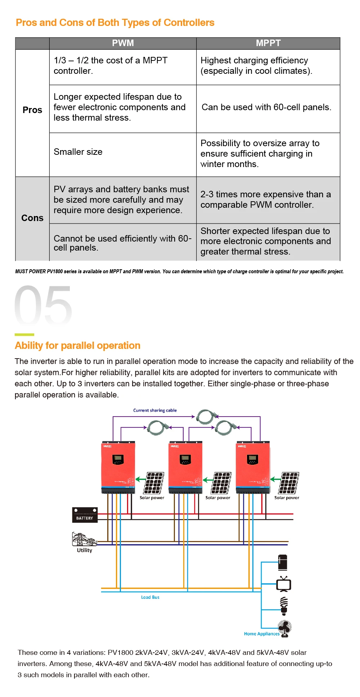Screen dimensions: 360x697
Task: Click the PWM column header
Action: (x=123, y=43)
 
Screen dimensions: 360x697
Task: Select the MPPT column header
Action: (x=268, y=43)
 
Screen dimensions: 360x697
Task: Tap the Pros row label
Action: (x=32, y=110)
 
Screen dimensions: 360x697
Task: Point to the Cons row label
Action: (x=32, y=218)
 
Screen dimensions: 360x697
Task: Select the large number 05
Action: (x=43, y=305)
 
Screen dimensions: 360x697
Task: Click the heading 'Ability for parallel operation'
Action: (x=77, y=346)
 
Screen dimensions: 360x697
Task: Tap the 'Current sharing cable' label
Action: (x=155, y=410)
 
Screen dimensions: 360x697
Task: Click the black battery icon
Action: (x=85, y=515)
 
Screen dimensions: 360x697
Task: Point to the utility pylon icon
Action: (x=84, y=539)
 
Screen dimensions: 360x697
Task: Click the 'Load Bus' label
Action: (x=150, y=597)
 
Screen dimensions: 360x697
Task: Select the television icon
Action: (x=284, y=584)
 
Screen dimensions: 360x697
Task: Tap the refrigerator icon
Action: (x=283, y=563)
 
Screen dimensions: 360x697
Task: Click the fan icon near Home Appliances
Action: (x=285, y=629)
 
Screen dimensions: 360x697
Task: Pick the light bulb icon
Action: (x=284, y=606)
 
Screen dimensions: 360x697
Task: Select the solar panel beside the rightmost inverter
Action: (x=289, y=483)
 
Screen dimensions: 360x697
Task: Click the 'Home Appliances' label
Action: (x=262, y=634)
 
